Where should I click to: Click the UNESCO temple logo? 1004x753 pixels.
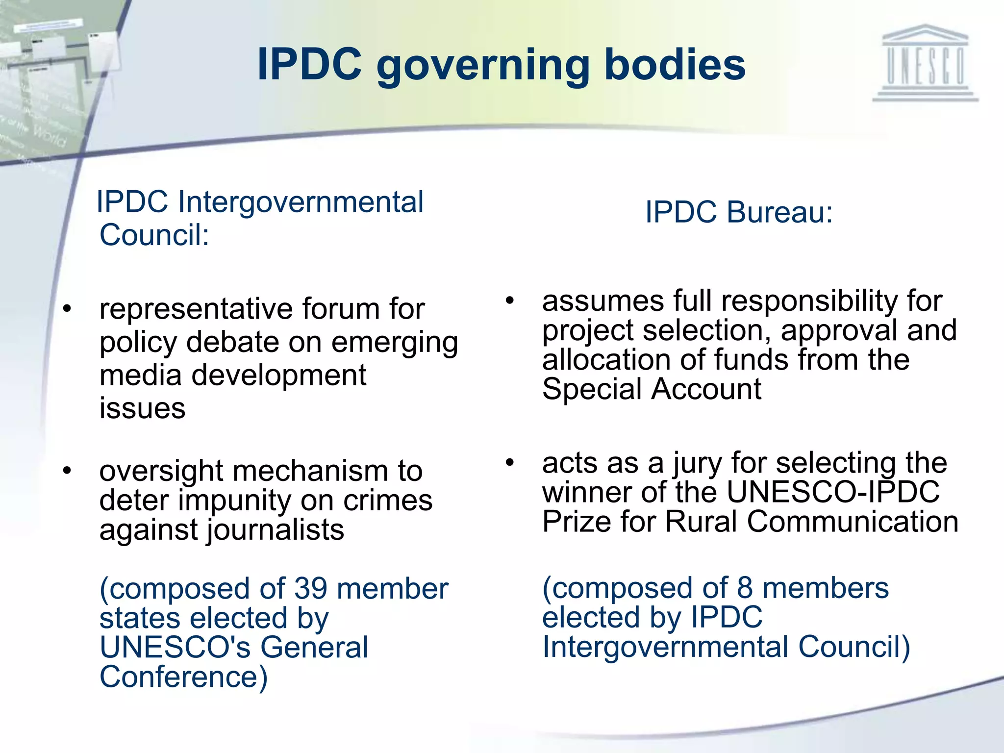[925, 64]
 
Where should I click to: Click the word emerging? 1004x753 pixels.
[395, 343]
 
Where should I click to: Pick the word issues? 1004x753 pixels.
[142, 408]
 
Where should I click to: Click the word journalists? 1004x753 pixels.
[276, 530]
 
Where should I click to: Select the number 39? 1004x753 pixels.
[310, 588]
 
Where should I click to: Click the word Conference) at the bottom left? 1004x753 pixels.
[183, 677]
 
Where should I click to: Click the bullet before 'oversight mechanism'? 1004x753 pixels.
[67, 471]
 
